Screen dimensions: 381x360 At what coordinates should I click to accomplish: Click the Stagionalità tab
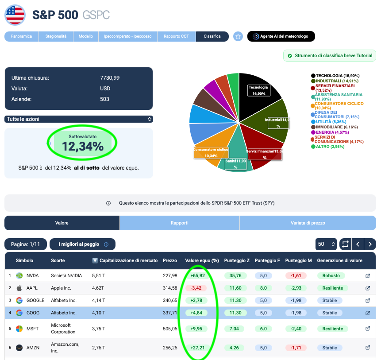point(56,36)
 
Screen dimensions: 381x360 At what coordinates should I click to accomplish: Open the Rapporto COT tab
point(176,36)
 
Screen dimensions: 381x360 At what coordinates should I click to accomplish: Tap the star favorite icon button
point(238,36)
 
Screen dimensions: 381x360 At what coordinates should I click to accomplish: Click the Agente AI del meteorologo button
point(281,36)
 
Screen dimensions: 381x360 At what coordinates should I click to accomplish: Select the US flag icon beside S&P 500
point(15,15)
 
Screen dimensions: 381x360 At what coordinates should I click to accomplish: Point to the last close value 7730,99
point(110,78)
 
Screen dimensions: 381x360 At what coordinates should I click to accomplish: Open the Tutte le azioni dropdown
point(79,119)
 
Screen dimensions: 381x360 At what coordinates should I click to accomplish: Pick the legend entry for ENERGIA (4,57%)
point(330,132)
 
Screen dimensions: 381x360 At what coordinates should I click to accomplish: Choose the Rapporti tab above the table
point(180,223)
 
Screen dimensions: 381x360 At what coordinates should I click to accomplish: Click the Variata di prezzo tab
point(308,223)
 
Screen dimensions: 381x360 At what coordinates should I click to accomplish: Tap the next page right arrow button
point(370,244)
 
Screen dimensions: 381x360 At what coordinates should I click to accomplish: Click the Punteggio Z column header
point(237,260)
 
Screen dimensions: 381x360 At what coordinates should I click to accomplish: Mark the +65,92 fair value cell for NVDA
point(197,276)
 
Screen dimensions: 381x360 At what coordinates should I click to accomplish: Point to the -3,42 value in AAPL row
point(196,288)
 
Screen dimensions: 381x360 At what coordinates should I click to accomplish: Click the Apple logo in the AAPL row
point(19,288)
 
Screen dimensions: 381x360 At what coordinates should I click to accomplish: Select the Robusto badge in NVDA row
point(331,276)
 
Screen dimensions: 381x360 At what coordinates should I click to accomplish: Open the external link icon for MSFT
point(368,329)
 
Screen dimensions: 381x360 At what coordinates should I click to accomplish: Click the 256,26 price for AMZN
point(170,348)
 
